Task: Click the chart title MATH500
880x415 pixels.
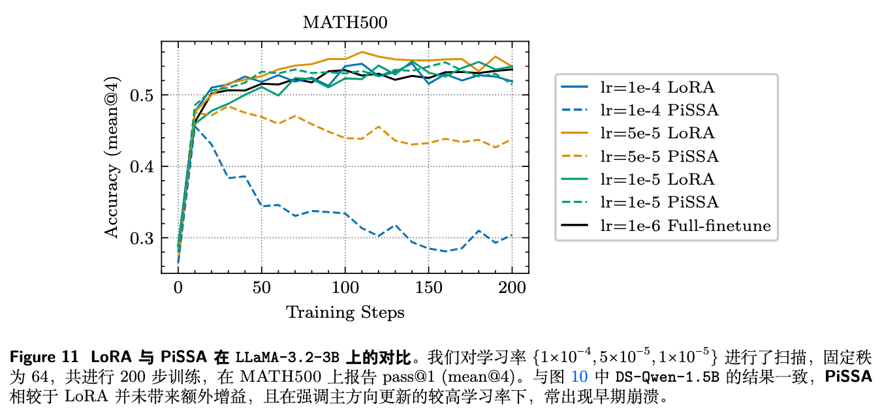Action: coord(345,23)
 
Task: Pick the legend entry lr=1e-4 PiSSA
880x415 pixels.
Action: coord(660,110)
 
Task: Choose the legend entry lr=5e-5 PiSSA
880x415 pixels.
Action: coord(660,157)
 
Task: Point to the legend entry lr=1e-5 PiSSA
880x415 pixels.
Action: coord(660,203)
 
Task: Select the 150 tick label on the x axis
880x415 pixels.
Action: coord(428,286)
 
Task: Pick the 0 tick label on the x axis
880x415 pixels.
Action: coord(178,286)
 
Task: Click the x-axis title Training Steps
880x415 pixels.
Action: coord(345,313)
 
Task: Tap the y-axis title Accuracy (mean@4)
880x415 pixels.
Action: coord(112,157)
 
